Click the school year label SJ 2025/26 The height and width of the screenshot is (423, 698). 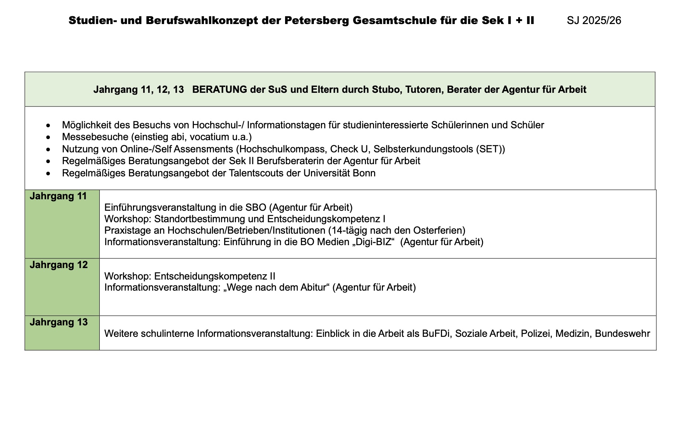point(594,20)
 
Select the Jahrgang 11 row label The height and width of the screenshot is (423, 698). point(58,196)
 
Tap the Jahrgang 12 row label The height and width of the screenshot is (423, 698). point(59,265)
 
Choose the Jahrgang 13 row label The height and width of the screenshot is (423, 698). point(59,322)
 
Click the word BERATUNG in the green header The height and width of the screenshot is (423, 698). point(219,89)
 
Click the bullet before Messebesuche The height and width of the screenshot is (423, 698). point(48,138)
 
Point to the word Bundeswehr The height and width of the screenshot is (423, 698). point(622,334)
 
